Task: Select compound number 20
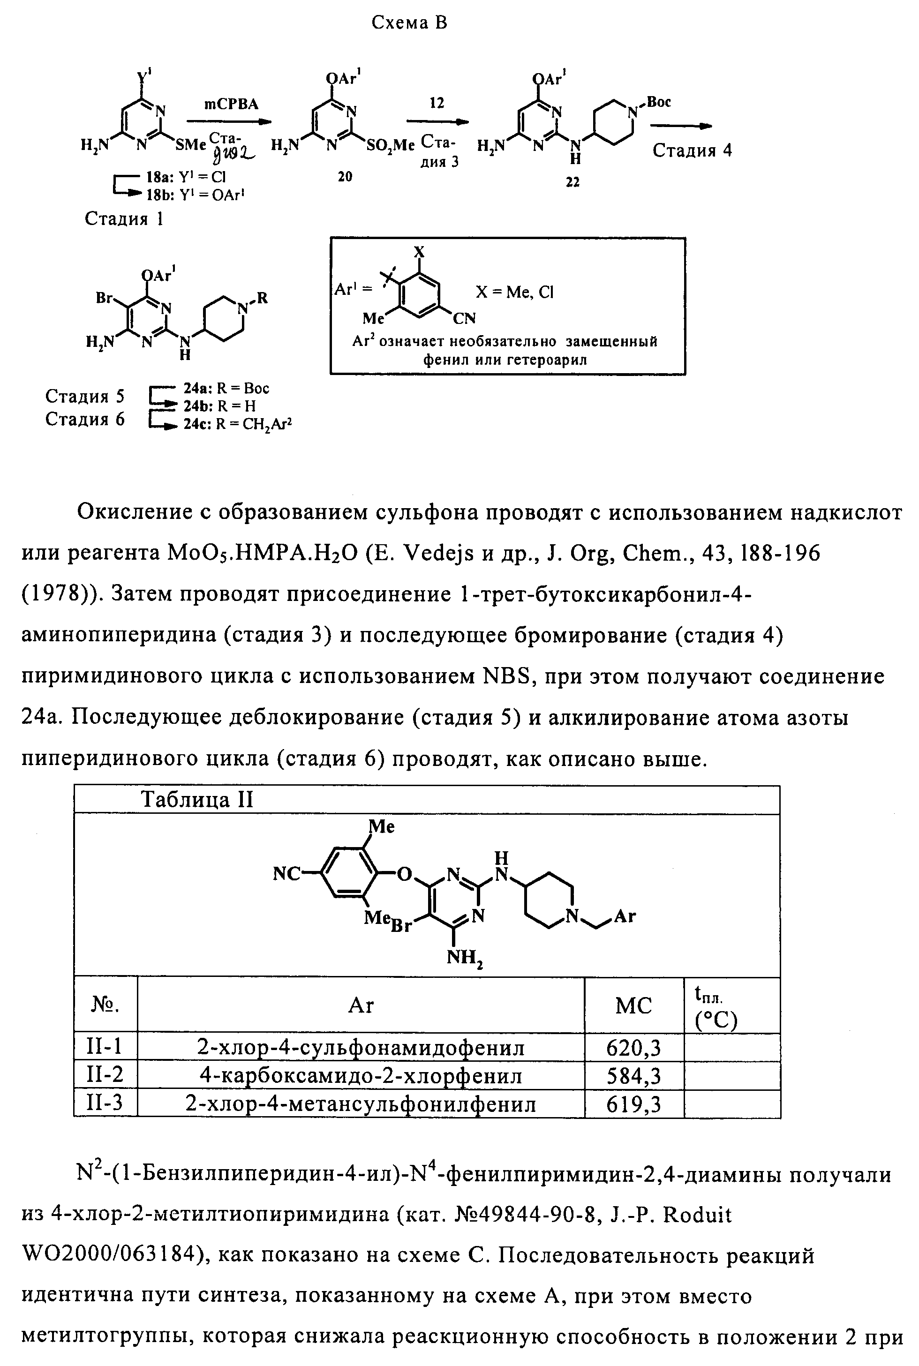coord(345,176)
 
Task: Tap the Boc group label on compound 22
coord(659,102)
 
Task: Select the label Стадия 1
coord(124,219)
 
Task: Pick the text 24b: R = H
coord(219,405)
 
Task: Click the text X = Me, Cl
coord(514,293)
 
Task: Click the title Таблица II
coord(197,800)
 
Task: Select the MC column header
coord(633,1006)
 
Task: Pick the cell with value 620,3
coord(633,1047)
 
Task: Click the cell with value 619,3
coord(633,1104)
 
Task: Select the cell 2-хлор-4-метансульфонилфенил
coord(361,1104)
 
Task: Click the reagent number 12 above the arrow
coord(437,103)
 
